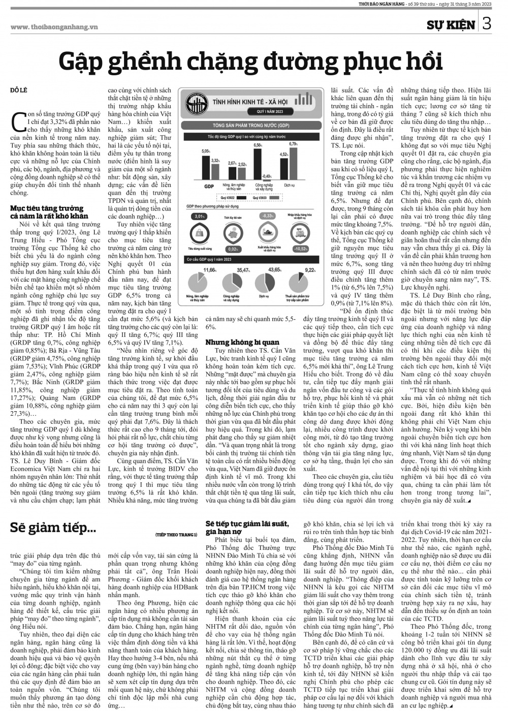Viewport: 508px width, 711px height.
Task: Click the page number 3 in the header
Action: (486, 24)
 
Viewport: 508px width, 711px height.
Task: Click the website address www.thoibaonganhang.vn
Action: (54, 26)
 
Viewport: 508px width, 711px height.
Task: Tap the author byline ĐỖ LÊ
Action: (18, 90)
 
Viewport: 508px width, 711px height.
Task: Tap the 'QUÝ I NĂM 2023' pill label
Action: (269, 111)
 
